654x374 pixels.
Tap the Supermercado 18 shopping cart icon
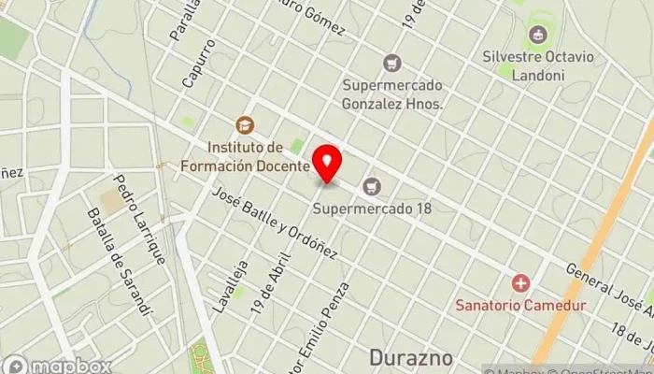coord(373,187)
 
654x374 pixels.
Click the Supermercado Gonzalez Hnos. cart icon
coord(392,63)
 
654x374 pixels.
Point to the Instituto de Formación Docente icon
coord(245,124)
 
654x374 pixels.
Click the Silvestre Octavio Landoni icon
coord(536,36)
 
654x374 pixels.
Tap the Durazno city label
coord(411,358)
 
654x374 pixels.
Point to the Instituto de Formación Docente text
coord(258,156)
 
